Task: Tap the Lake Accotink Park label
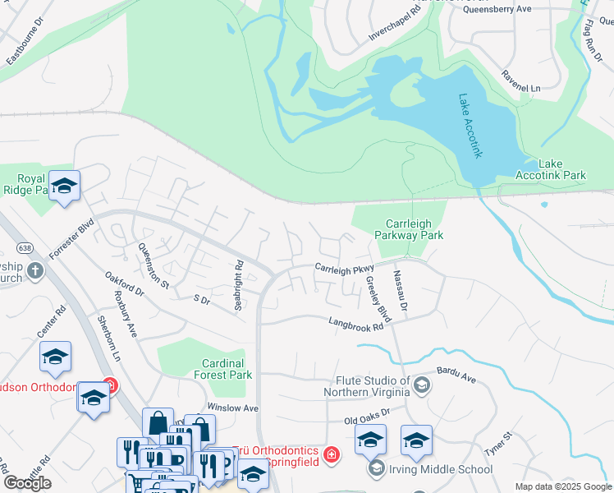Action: pos(551,169)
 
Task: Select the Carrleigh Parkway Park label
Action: pos(415,229)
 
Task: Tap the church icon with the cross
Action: pos(34,270)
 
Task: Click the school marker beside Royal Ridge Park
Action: pos(63,186)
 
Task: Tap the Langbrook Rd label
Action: pos(357,325)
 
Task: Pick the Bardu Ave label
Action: pos(456,376)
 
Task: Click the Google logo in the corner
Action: pos(27,482)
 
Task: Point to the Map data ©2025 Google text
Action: pos(562,486)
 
